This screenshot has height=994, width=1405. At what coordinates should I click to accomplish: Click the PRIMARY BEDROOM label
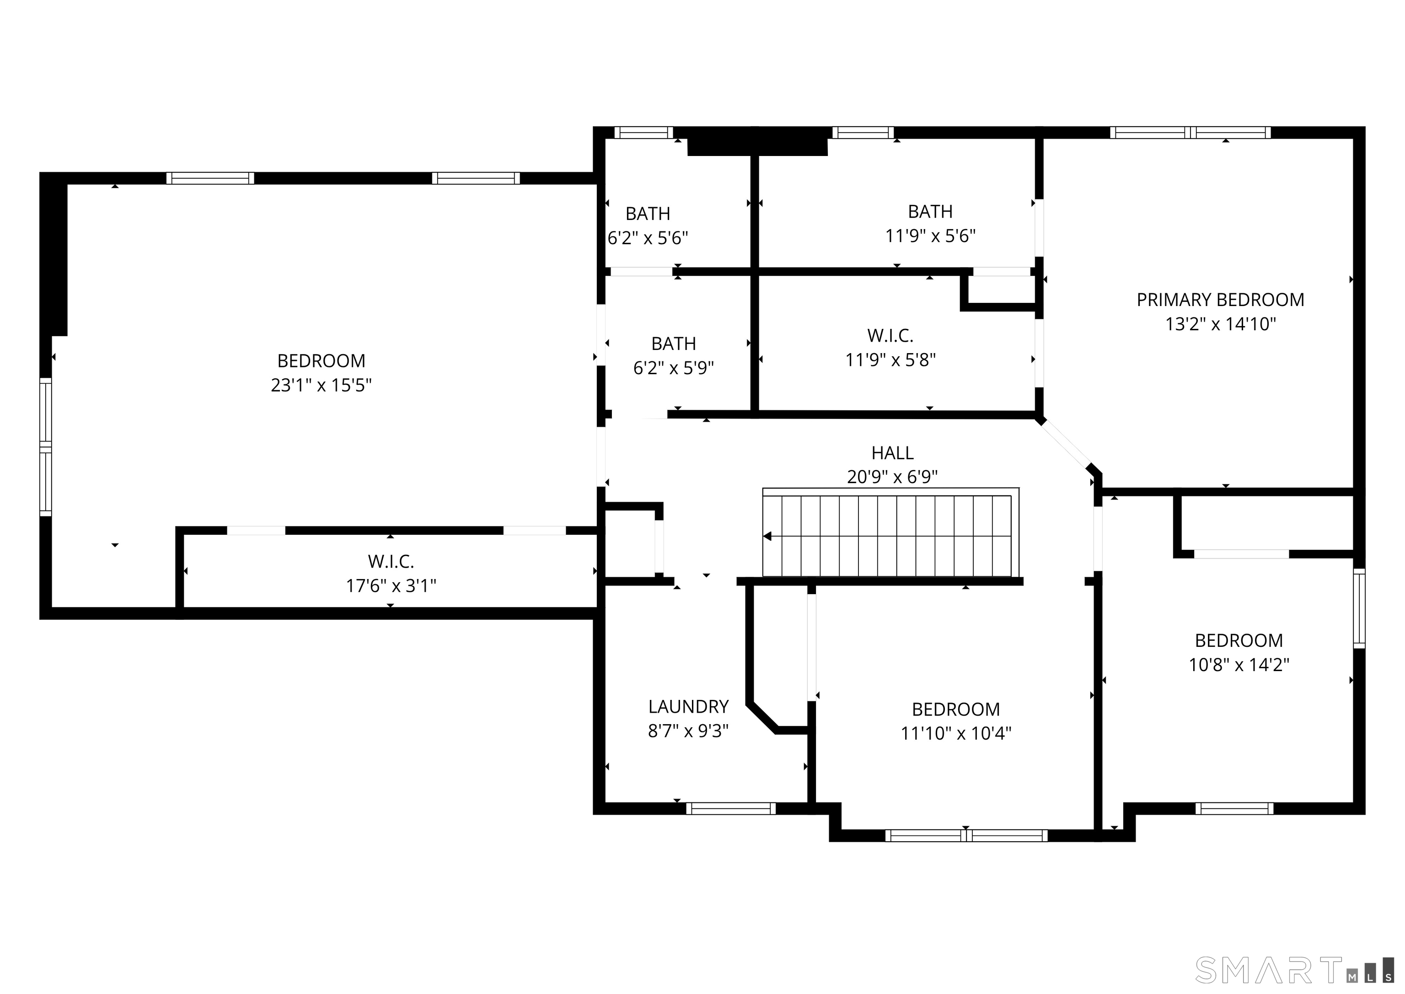tap(1220, 300)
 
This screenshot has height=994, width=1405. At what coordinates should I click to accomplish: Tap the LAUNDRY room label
tap(688, 707)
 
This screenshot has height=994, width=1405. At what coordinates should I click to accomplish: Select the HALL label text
tap(892, 453)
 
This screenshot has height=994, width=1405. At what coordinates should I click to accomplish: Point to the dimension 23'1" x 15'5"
tap(321, 385)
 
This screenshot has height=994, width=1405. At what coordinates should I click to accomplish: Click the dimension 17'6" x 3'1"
tap(391, 586)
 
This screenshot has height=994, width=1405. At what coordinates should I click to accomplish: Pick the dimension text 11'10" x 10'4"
tap(956, 733)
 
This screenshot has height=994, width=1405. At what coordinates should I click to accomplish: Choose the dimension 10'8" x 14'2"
tap(1239, 665)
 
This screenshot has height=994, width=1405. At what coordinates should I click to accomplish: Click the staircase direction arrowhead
tap(767, 537)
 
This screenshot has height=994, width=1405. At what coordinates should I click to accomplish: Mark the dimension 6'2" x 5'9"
tap(673, 368)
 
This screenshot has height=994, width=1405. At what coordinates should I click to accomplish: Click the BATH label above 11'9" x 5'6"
tap(930, 212)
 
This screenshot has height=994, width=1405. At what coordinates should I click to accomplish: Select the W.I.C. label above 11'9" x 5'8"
tap(890, 335)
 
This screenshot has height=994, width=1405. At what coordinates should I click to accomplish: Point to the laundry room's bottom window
tap(731, 809)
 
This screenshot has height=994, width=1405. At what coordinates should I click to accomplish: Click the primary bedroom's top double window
tap(1190, 132)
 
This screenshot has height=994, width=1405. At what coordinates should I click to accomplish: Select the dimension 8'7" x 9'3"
tap(688, 731)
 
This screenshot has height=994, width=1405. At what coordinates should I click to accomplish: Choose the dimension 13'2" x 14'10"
tap(1220, 324)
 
